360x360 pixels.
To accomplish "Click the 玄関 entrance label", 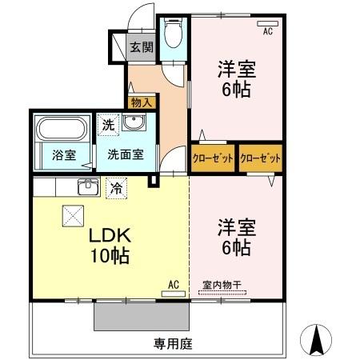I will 142,47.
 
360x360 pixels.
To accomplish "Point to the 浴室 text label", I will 64,155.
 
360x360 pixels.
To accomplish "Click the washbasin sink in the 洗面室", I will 134,125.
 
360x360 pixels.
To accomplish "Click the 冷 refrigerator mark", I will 117,190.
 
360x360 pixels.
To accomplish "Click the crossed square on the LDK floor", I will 73,215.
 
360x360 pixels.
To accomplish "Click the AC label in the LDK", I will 173,284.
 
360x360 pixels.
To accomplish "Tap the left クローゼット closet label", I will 213,158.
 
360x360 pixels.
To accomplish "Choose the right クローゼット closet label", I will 260,158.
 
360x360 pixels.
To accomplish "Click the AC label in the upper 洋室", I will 269,31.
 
